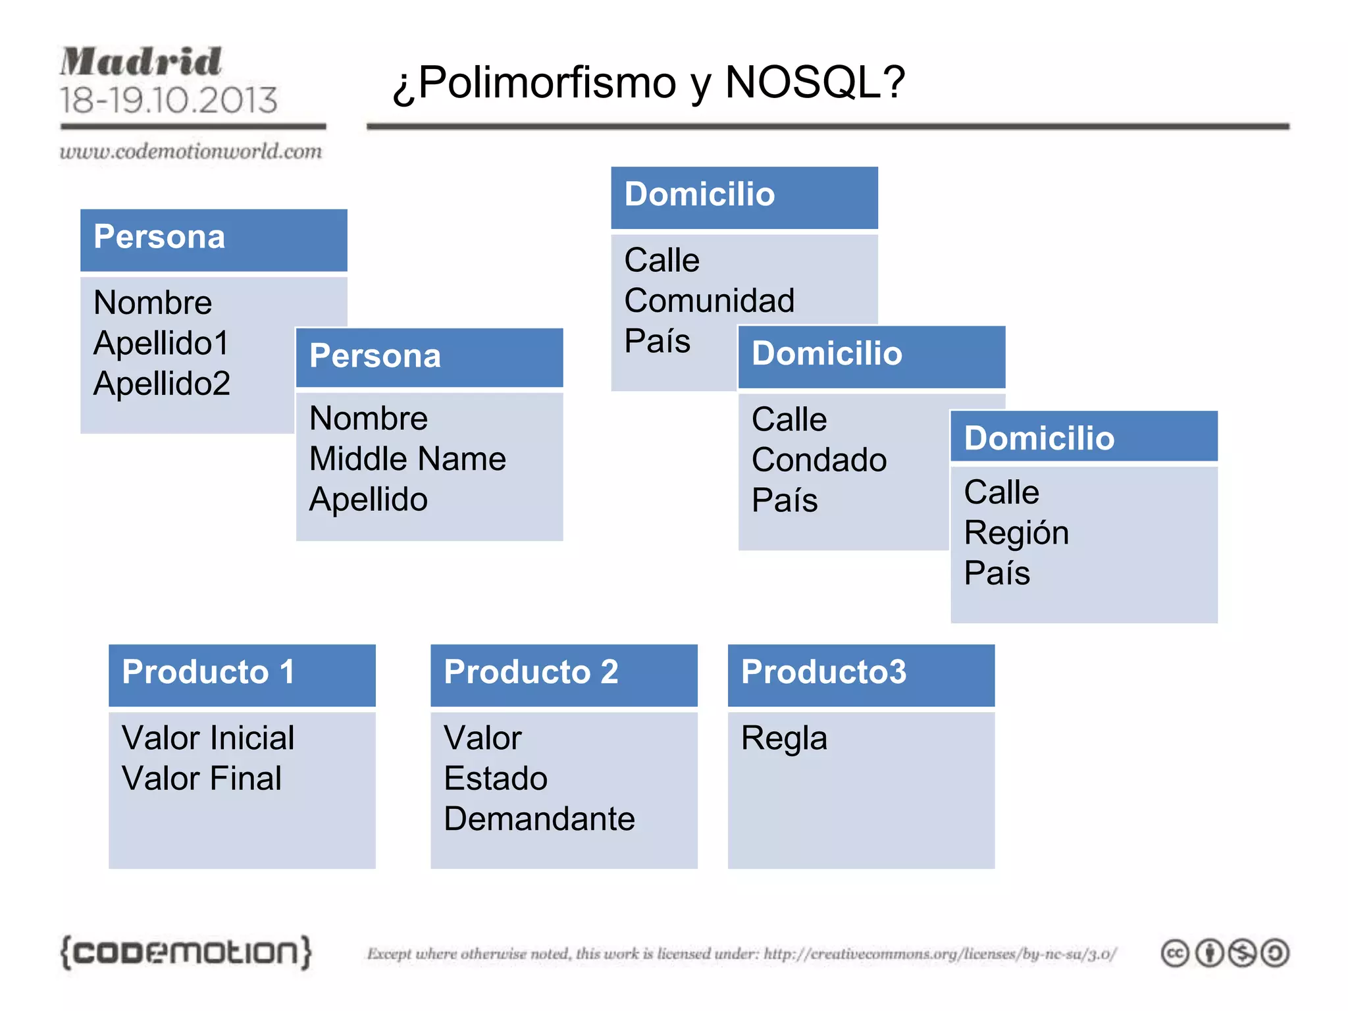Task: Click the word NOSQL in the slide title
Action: [815, 82]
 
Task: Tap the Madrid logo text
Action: [141, 62]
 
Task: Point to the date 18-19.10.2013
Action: [168, 100]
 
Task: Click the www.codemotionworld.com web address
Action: [191, 151]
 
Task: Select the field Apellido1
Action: [161, 343]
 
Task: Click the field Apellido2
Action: [162, 383]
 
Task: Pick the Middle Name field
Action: [407, 459]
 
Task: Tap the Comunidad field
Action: [710, 301]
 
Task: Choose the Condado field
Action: [819, 460]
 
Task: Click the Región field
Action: [1016, 532]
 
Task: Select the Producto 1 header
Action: [208, 672]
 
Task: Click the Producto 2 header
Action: [531, 672]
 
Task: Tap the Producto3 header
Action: [823, 672]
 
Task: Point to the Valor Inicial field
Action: [208, 738]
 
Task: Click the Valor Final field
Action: [201, 779]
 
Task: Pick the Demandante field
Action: [539, 819]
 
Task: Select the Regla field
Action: [784, 739]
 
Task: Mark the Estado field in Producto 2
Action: [496, 779]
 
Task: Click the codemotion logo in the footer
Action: [186, 952]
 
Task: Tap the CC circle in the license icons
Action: [1175, 953]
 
